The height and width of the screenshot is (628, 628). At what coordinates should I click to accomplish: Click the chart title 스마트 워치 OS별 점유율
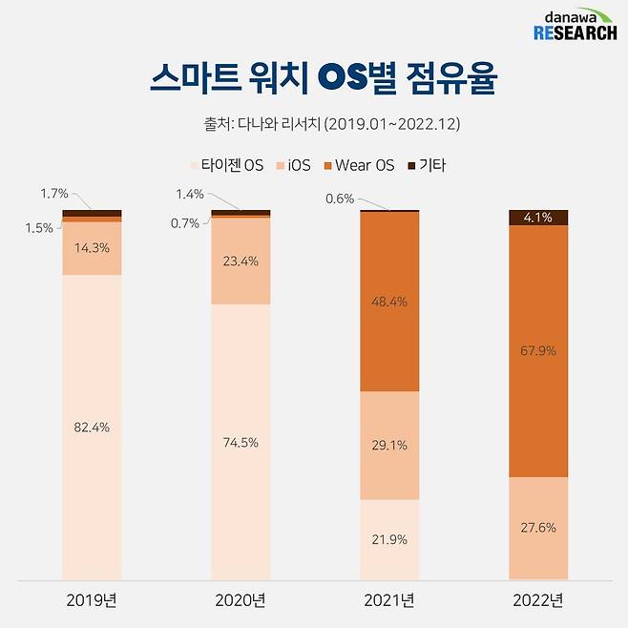click(x=323, y=79)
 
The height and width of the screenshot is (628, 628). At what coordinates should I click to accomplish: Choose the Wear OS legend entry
click(x=359, y=165)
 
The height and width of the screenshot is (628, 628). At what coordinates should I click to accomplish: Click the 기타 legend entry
click(x=426, y=165)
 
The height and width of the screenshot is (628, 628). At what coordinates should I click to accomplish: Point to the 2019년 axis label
click(x=92, y=600)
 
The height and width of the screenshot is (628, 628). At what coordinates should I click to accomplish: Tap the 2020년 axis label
click(x=241, y=600)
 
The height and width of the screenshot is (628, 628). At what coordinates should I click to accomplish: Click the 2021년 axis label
click(x=389, y=600)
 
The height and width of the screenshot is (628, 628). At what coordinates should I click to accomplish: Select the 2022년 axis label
click(x=538, y=600)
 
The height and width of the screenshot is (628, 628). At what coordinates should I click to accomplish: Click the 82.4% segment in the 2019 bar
click(x=92, y=427)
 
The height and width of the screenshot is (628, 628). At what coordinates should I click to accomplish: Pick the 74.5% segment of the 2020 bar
click(x=241, y=441)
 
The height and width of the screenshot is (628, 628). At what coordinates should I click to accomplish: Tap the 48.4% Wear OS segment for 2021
click(x=389, y=302)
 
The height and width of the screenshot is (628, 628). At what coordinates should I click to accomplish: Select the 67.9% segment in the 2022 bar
click(x=538, y=350)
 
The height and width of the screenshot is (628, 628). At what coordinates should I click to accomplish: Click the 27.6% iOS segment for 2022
click(x=538, y=527)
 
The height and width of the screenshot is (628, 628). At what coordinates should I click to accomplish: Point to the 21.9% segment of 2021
click(x=389, y=539)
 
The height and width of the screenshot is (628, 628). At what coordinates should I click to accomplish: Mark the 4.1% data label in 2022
click(x=538, y=218)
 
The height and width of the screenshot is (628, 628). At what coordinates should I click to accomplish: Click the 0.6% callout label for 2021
click(x=339, y=199)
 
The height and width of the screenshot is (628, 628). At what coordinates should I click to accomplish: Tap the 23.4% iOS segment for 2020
click(x=241, y=261)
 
